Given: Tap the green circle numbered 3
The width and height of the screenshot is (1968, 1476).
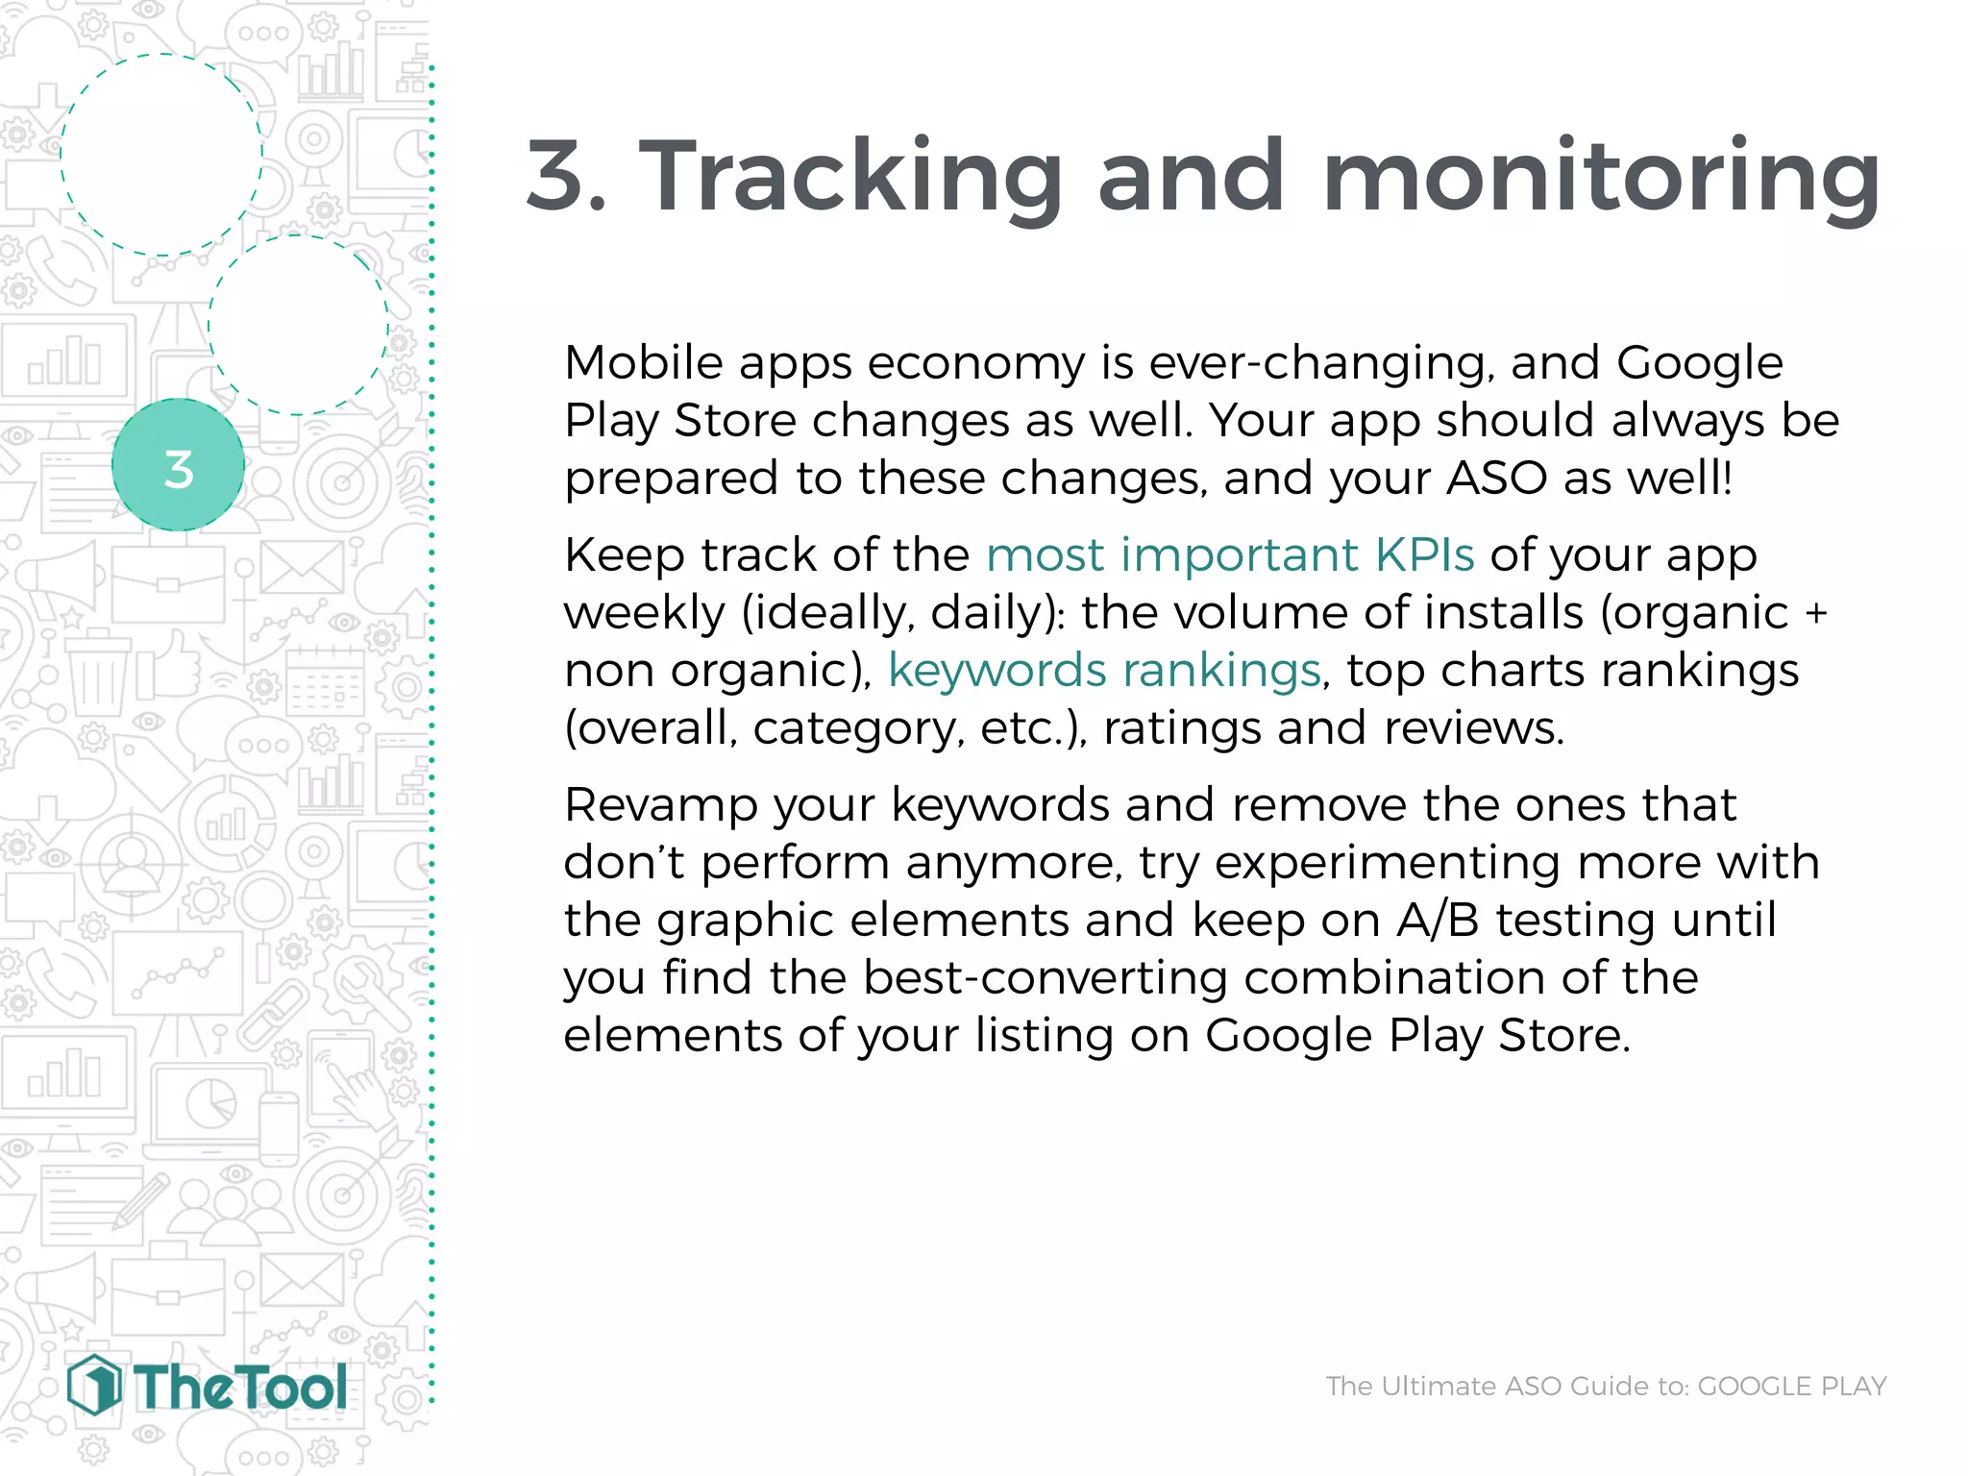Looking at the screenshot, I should coord(178,465).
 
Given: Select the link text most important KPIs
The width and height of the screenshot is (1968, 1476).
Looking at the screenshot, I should coord(1229,554).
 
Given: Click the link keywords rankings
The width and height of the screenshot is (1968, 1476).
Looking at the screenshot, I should coord(1103,670).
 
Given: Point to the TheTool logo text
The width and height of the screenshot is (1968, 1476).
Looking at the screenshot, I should coord(240,1388).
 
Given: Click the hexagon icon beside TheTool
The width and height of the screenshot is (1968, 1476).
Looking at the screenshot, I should coord(94,1385).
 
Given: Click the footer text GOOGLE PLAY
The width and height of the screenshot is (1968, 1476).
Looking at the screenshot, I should coord(1791,1386).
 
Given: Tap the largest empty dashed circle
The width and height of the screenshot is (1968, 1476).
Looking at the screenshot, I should coord(161,155).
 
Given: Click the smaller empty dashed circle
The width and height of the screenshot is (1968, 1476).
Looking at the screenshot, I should coord(299,325).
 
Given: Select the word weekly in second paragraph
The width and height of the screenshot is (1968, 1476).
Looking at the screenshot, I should coord(643,612).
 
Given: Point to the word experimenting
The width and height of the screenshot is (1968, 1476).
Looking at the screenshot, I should coord(1387,862).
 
